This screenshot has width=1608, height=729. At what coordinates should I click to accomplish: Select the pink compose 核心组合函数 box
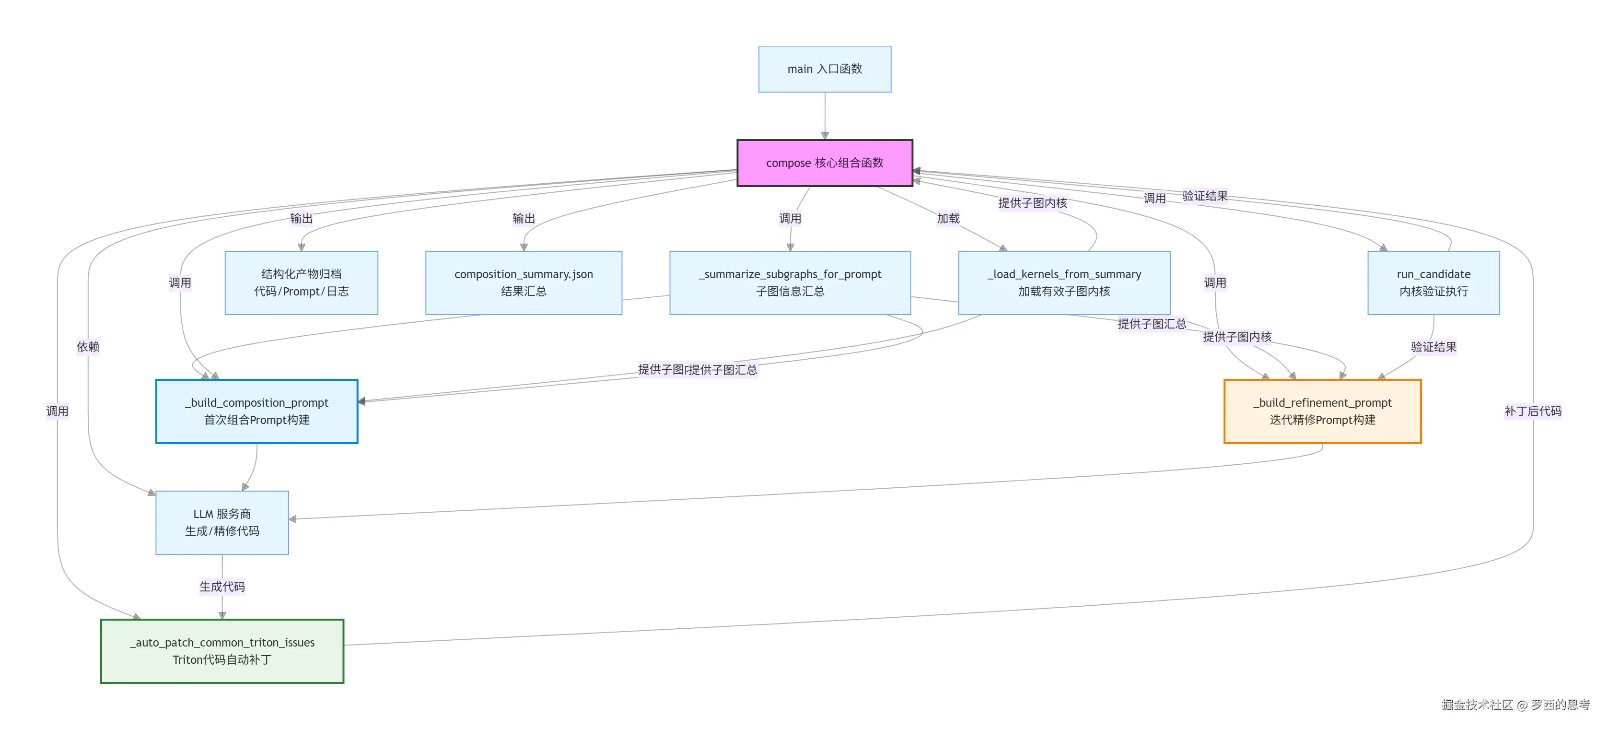[x=825, y=163]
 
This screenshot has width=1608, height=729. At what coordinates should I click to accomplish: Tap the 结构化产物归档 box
[x=302, y=283]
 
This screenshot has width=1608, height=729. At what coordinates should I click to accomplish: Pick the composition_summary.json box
[x=524, y=283]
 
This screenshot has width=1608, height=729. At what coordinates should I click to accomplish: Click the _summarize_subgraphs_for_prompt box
[x=790, y=283]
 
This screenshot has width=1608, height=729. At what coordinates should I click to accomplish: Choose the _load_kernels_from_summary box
[x=1064, y=283]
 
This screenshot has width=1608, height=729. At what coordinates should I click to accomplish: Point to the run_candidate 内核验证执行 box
[x=1434, y=283]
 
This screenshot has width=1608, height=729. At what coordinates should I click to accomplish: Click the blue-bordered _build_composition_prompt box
[x=256, y=412]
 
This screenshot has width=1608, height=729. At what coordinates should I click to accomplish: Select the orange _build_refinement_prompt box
[x=1323, y=412]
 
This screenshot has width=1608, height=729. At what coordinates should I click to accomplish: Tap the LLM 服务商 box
[x=222, y=523]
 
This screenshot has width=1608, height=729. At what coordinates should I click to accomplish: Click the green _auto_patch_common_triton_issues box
[x=222, y=651]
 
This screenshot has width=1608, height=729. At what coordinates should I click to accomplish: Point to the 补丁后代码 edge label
[x=1533, y=411]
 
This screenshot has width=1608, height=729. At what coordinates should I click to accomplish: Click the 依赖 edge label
[x=88, y=347]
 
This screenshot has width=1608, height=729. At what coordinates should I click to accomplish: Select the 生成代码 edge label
[x=222, y=587]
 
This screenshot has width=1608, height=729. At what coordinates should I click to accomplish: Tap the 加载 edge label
[x=948, y=219]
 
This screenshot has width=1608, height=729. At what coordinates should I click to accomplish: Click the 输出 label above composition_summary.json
[x=524, y=219]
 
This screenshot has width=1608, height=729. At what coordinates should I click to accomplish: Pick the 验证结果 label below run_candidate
[x=1434, y=347]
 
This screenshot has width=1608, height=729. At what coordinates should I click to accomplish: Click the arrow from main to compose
[x=825, y=116]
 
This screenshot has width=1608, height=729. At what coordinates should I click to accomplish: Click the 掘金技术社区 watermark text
[x=1477, y=705]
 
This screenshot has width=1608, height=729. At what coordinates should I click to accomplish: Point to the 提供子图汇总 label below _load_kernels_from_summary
[x=1152, y=324]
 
